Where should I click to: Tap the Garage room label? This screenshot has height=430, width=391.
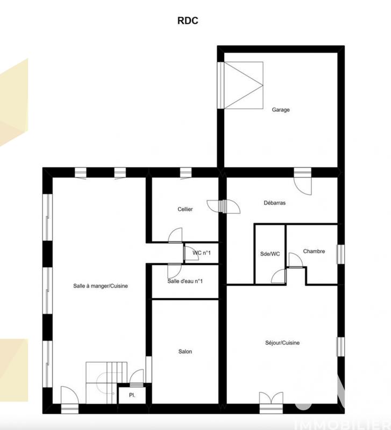tap(280, 110)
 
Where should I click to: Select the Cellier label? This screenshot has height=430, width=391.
tap(186, 209)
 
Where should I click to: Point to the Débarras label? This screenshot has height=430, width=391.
tap(274, 203)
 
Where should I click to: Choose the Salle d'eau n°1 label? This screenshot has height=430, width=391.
tap(185, 281)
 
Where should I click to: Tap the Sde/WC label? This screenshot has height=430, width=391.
tap(269, 254)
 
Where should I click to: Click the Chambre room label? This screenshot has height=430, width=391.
tap(314, 251)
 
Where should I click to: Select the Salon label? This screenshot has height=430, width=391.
tap(185, 352)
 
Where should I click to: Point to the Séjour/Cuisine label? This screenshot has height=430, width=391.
tap(282, 343)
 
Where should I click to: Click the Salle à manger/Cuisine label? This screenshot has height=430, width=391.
tap(101, 286)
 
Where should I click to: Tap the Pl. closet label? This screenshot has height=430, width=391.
tap(131, 395)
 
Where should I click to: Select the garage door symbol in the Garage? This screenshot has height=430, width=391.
tap(243, 85)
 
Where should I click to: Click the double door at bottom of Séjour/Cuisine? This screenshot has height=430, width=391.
tap(271, 400)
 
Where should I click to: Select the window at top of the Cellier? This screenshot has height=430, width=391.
tap(186, 172)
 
